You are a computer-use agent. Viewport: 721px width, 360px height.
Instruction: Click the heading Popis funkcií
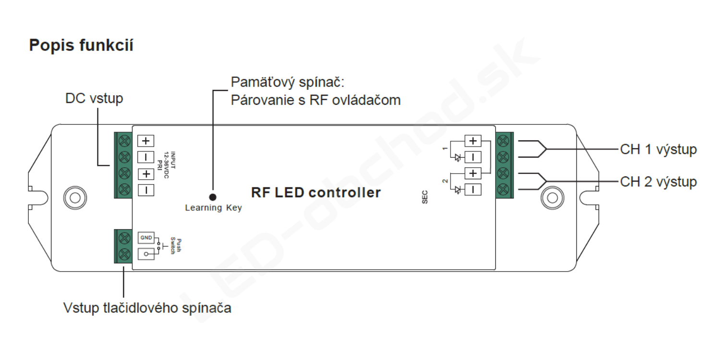(81, 46)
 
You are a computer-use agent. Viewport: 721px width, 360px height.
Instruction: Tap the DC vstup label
(94, 98)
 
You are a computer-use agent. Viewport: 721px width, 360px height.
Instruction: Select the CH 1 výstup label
(658, 149)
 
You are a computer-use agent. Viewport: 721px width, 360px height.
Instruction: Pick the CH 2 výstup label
(658, 182)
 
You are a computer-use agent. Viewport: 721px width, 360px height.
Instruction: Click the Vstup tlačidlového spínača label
(147, 308)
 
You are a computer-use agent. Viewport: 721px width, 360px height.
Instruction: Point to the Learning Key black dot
(213, 197)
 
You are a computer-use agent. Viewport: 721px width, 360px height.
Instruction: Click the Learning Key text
(213, 208)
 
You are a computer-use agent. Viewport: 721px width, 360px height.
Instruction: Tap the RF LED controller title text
(316, 193)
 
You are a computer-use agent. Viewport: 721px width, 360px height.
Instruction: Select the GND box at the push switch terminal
(146, 237)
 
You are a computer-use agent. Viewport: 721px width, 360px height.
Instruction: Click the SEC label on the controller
(425, 197)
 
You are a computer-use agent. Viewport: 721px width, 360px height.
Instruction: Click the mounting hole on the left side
(75, 198)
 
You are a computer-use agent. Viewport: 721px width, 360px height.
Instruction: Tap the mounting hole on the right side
(552, 198)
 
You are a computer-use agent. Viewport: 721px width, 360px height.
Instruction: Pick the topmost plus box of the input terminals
(146, 141)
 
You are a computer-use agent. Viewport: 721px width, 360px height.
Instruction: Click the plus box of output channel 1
(473, 141)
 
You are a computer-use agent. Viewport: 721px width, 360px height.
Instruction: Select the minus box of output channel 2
(473, 190)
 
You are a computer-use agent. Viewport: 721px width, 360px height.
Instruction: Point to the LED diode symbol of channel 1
(458, 158)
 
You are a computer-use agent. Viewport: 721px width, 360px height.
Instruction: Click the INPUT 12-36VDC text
(170, 165)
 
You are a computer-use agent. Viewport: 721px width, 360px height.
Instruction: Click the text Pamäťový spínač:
(287, 83)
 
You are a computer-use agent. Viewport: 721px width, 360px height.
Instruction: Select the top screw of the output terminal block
(503, 141)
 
